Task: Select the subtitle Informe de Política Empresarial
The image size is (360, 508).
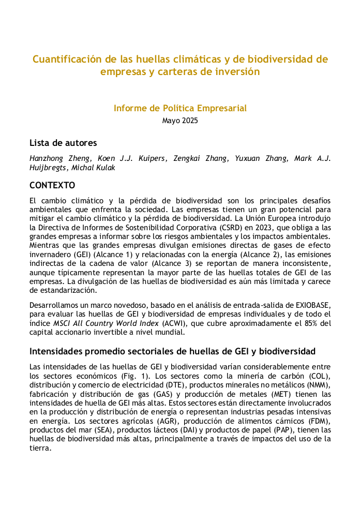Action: pos(180,108)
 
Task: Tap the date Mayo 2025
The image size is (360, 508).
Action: pos(180,121)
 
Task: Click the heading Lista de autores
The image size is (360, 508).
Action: pos(63,143)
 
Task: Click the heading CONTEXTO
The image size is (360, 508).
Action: pos(52,185)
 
